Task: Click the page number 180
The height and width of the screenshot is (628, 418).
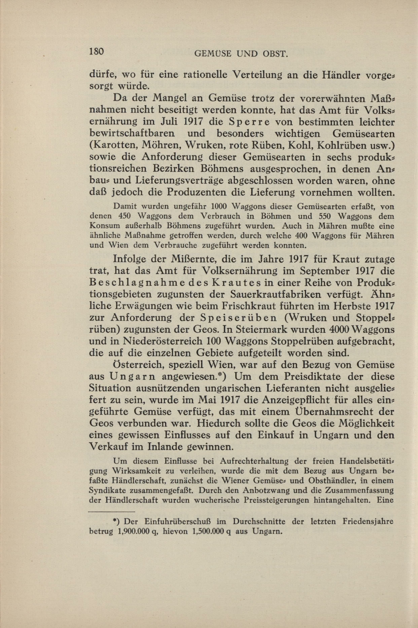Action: tap(96, 51)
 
